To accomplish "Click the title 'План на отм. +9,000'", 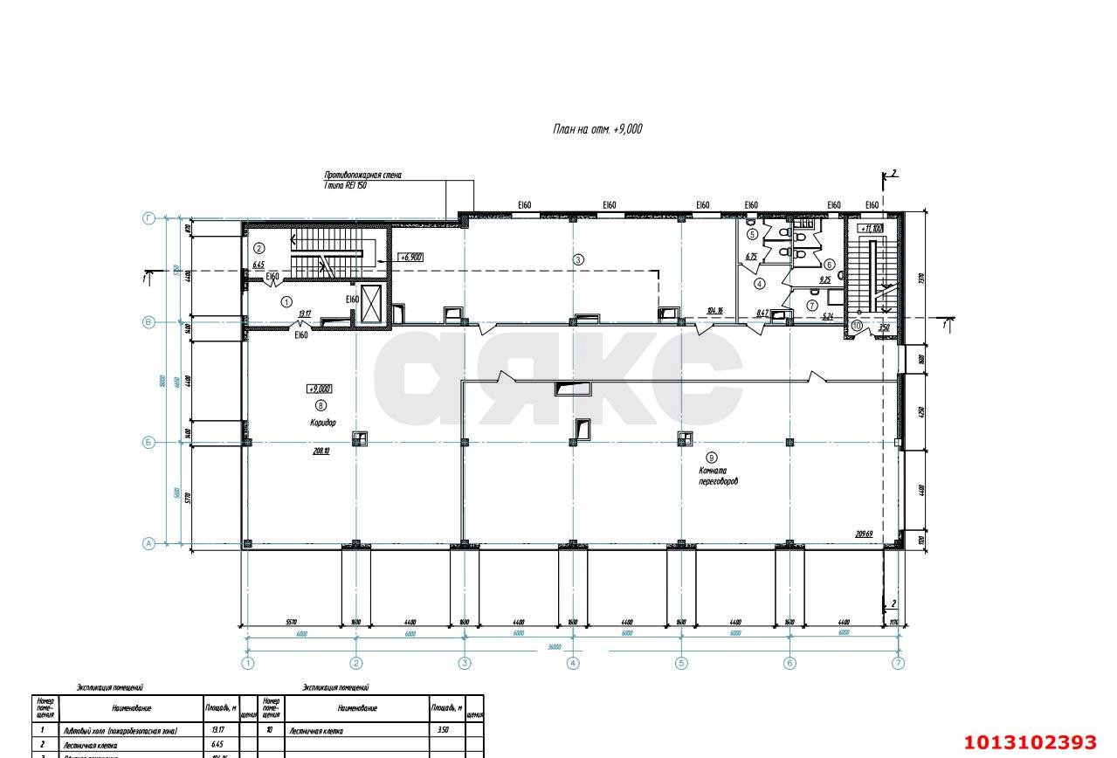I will click(x=597, y=129).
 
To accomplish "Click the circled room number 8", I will click(x=321, y=405).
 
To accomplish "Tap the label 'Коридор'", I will click(x=322, y=423).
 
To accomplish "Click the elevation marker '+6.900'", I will click(x=410, y=258).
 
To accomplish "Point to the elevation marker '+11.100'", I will click(x=872, y=228).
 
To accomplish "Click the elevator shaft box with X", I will click(x=371, y=303).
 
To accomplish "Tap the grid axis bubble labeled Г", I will click(x=148, y=218).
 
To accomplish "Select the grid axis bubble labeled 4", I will click(x=573, y=663).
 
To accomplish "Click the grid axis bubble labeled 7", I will click(x=898, y=663).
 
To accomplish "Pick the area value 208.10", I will click(x=321, y=451).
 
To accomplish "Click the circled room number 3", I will click(x=577, y=259).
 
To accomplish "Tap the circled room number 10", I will click(x=857, y=326).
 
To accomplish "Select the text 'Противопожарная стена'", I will click(x=362, y=176).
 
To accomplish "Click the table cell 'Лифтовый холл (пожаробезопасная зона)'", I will click(x=119, y=730).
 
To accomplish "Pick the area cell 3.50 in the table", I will click(x=443, y=730).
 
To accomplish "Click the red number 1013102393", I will click(x=1029, y=742).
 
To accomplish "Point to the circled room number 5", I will click(x=752, y=234).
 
